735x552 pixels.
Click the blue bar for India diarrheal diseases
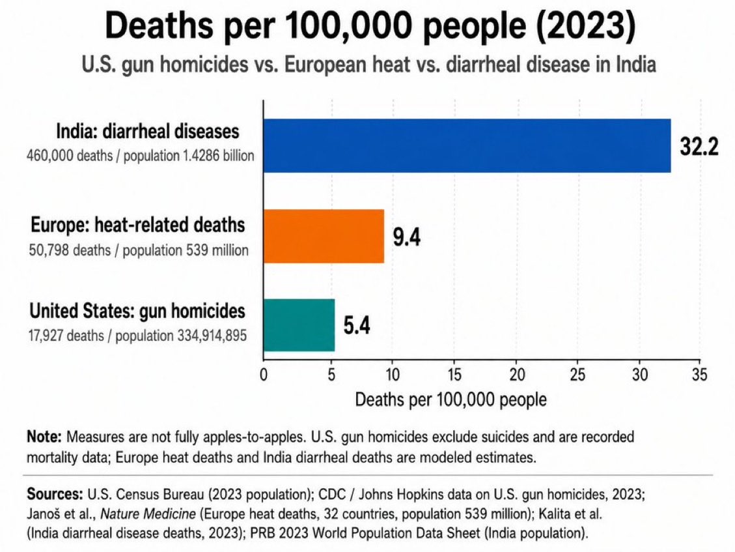coord(467,145)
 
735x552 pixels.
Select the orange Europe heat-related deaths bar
coord(324,236)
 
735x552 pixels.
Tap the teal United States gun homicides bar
coord(299,325)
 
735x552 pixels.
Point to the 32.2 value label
coord(699,147)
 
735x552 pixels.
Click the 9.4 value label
coord(406,237)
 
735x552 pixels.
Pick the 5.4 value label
coord(357,325)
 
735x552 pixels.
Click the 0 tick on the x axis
coord(264,375)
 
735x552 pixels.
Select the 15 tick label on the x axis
coord(454,375)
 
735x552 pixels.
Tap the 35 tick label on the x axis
coord(699,375)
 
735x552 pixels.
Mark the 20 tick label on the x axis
coord(517,375)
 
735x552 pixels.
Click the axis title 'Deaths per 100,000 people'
coord(451,399)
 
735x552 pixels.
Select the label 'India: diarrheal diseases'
coord(148,131)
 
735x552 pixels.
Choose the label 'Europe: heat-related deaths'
coord(138,225)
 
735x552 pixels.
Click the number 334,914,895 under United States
coord(212,336)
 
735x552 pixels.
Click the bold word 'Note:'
coord(44,437)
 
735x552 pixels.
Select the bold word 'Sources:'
coord(55,494)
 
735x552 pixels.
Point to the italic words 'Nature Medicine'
coord(148,514)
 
